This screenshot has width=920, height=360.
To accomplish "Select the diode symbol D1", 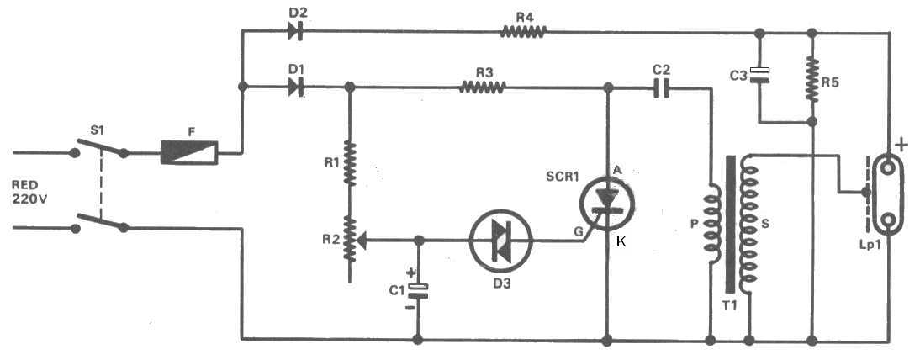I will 295,86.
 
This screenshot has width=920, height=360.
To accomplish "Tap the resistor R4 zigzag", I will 524,32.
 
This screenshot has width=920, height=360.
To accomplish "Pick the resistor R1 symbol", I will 351,165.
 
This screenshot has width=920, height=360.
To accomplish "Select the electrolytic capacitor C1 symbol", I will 418,290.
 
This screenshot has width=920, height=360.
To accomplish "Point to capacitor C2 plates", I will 661,86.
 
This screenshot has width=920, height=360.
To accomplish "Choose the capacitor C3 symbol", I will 759,74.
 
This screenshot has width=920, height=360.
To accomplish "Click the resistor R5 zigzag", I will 812,77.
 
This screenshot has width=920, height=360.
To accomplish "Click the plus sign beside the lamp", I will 901,146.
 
